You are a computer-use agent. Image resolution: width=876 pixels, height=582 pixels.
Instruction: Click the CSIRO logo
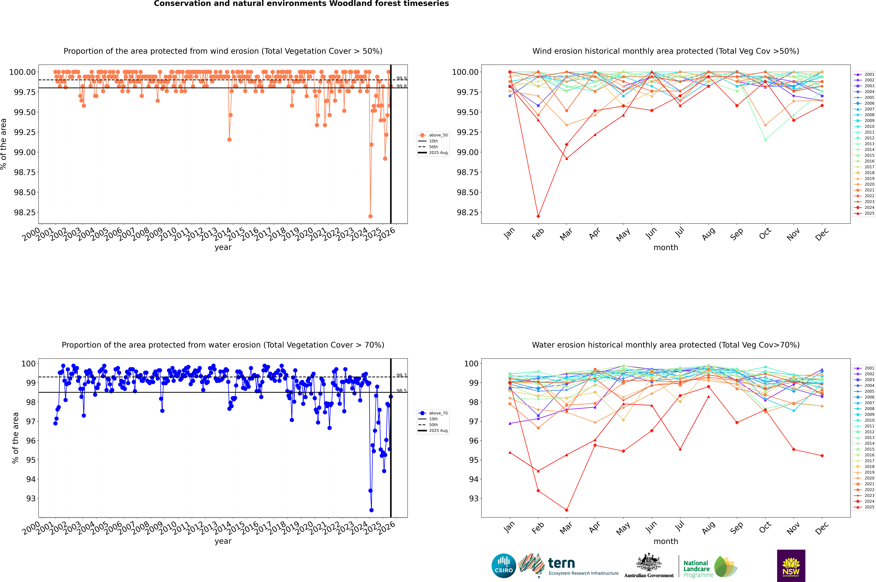pos(504,566)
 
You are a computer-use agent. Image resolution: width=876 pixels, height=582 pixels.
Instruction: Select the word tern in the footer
pos(561,563)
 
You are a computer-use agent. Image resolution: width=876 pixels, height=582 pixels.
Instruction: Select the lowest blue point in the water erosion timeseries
pos(371,510)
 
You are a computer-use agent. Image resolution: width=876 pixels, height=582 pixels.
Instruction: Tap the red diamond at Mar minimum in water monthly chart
pos(566,510)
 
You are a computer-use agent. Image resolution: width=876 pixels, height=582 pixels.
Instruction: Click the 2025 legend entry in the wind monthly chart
pos(869,213)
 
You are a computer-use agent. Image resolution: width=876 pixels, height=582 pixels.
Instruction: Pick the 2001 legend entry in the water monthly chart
pos(869,368)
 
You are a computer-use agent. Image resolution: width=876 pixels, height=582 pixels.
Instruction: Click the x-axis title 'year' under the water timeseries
pos(223,541)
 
